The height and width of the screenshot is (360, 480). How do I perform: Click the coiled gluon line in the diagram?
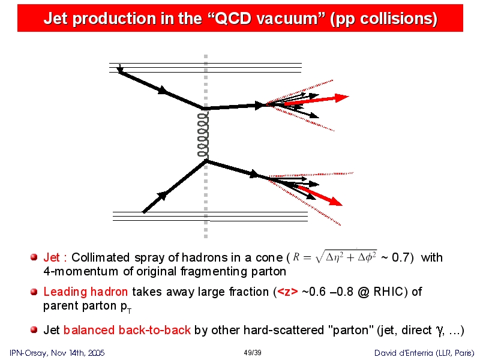tap(203, 134)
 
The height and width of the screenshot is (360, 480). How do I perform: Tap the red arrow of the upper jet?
tap(317, 100)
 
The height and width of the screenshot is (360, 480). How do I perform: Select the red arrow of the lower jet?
tap(320, 196)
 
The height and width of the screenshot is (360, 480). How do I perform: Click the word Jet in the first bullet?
tap(52, 257)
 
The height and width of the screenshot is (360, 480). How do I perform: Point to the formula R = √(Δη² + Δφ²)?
tap(335, 257)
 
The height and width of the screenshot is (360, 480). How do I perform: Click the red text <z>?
tap(287, 292)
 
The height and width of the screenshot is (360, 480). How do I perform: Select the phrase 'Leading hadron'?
tap(85, 292)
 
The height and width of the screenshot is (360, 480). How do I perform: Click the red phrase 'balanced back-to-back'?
tap(127, 330)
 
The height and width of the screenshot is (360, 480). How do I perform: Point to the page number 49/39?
tap(253, 353)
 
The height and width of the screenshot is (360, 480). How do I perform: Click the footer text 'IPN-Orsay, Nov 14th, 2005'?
tap(57, 353)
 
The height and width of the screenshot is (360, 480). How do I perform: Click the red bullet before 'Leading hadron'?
tap(34, 292)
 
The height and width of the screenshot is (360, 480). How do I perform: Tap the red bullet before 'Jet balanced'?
tap(34, 329)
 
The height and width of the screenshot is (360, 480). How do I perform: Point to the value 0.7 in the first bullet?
tap(400, 257)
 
